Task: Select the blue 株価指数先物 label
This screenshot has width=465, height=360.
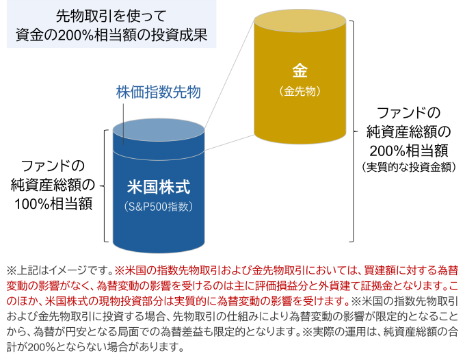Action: pos(158,92)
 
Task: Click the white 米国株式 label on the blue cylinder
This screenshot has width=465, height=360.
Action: pos(158,185)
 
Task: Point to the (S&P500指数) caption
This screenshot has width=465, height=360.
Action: pos(159,205)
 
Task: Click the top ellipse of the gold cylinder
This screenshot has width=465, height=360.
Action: pos(302,20)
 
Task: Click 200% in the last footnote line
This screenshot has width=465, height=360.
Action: pos(42,346)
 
